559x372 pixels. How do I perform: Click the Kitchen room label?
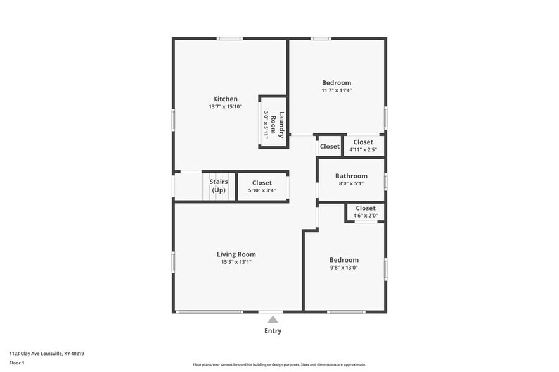225,99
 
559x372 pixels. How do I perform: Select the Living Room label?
236,254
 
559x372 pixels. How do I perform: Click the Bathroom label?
351,176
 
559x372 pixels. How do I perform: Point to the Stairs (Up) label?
219,186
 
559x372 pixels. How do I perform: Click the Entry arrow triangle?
273,319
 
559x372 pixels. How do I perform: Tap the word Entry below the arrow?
273,331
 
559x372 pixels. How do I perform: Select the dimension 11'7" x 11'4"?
336,90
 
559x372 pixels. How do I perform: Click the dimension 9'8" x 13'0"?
344,268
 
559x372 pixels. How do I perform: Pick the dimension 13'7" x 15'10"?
225,107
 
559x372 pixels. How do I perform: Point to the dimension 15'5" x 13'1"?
236,262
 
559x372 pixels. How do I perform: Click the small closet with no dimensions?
330,146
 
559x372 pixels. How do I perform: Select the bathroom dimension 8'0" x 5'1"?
351,184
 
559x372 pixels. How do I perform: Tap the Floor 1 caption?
16,363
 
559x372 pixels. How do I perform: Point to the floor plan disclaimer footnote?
279,364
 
